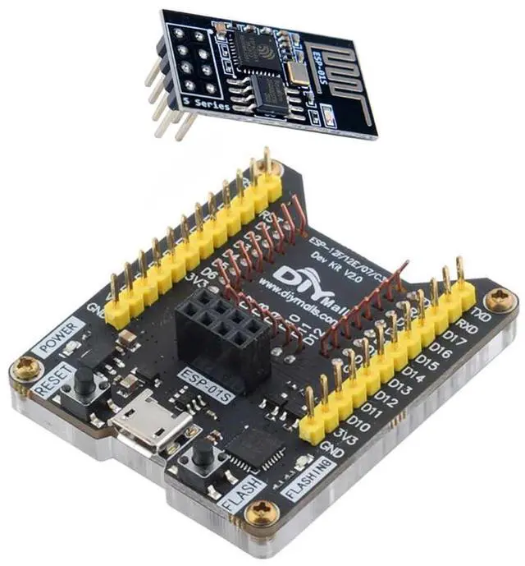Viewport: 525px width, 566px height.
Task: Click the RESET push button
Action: click(x=84, y=380)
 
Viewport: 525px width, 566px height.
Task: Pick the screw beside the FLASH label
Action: click(x=259, y=511)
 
